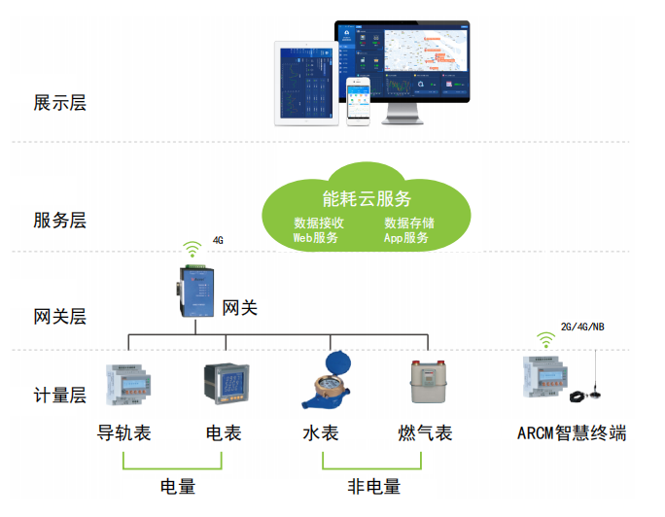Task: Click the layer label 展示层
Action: (59, 103)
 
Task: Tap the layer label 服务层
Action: (59, 221)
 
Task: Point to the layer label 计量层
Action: (59, 396)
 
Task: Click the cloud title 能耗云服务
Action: (367, 199)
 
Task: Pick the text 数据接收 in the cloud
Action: (319, 224)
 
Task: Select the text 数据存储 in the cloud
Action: (408, 224)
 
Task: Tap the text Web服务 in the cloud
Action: (316, 238)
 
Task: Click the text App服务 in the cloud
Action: (406, 238)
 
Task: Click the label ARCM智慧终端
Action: (572, 433)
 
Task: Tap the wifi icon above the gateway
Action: (193, 250)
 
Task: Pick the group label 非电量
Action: (374, 487)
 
